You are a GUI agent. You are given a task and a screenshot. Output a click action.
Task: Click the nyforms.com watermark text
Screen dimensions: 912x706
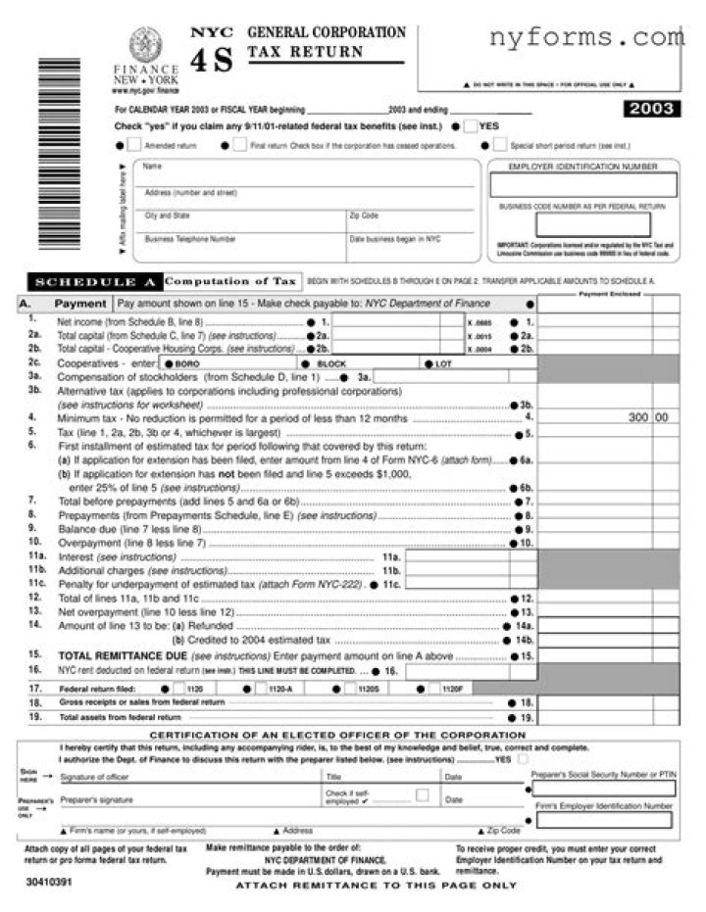(585, 38)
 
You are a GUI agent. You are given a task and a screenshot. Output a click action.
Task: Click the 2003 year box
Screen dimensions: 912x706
(650, 109)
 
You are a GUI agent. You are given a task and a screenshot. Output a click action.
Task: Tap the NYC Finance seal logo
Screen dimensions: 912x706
(145, 45)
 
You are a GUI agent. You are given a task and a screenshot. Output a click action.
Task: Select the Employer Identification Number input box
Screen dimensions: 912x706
(582, 185)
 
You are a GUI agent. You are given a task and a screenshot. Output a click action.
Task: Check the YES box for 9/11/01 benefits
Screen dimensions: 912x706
(472, 126)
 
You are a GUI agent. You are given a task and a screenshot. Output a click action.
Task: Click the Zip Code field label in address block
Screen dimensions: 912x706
(363, 216)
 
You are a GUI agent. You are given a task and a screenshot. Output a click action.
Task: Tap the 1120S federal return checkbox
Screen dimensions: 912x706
(350, 689)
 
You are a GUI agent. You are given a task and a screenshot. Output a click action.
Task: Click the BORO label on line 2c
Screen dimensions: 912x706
(187, 362)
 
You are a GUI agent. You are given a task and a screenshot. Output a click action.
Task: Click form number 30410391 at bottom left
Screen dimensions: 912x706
(49, 882)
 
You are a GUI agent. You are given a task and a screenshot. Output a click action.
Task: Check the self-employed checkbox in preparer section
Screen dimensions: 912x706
(422, 794)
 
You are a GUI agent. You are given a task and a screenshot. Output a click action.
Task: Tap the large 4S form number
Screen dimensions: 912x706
(212, 61)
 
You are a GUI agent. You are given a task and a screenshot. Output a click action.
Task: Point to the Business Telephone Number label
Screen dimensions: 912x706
(190, 238)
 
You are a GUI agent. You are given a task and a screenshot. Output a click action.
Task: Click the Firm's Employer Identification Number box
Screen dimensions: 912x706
(602, 819)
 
